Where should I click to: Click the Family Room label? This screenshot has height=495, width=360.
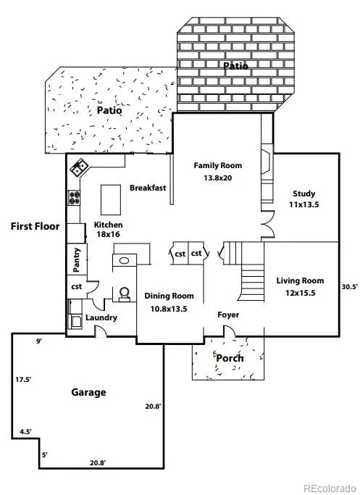(218, 165)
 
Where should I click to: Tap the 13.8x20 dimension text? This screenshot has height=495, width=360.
(218, 178)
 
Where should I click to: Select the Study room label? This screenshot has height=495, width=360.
(304, 194)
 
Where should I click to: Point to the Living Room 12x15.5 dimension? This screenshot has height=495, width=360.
(301, 293)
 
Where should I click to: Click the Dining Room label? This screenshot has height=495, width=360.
(169, 296)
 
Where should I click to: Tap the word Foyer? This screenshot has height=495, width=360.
(228, 315)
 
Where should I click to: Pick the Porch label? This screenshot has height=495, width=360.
(230, 358)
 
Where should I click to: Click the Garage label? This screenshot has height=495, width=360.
(88, 392)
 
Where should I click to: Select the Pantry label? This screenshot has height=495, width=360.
(76, 260)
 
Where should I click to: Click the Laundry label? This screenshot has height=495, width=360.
(101, 317)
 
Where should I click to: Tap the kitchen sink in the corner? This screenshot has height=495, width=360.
(78, 167)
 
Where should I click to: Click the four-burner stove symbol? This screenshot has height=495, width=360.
(74, 198)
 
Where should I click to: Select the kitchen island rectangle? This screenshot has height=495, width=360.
(111, 200)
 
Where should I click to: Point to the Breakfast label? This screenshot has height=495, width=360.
(148, 188)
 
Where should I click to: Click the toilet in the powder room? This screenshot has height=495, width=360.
(124, 294)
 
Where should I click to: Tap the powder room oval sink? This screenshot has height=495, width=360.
(124, 260)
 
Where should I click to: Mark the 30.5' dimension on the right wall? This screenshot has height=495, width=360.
(350, 287)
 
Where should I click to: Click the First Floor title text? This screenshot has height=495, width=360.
(35, 226)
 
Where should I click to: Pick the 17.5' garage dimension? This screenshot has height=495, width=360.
(23, 380)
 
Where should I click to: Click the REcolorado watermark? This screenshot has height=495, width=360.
(330, 488)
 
